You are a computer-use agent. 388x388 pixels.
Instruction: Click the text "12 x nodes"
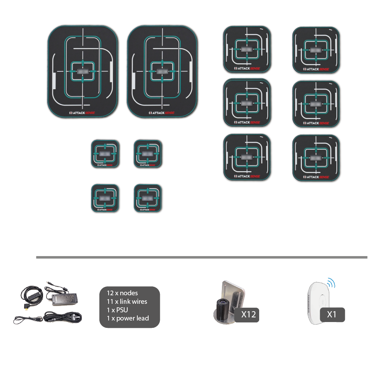click(x=122, y=293)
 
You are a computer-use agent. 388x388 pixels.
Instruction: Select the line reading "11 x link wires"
click(x=127, y=301)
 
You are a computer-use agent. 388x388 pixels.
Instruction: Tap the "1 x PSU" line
click(x=118, y=310)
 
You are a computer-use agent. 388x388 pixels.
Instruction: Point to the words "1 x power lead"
click(x=128, y=318)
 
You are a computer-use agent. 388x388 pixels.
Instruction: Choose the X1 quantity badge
click(x=332, y=314)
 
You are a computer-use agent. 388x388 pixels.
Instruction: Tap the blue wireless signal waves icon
click(x=331, y=282)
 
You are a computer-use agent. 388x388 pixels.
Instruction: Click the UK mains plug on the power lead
click(x=76, y=317)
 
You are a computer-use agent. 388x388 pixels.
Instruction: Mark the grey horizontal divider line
click(x=202, y=257)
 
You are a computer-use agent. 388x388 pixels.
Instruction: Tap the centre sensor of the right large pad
click(x=162, y=72)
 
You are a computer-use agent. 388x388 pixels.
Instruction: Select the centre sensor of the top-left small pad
click(x=105, y=154)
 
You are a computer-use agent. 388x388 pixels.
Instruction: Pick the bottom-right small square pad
click(x=148, y=198)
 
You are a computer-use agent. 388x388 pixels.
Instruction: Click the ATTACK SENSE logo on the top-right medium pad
click(x=316, y=69)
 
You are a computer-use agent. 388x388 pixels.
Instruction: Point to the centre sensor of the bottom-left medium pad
click(x=247, y=157)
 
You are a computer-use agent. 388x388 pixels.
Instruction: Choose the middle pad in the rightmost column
click(x=316, y=104)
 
